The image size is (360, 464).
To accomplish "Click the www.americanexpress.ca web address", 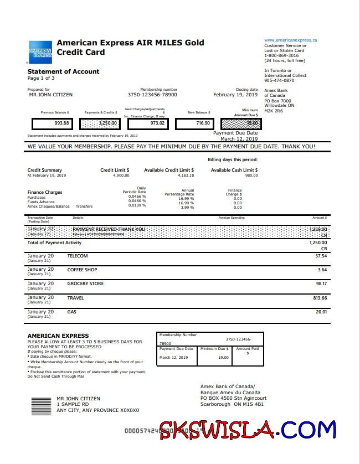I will pos(290,40).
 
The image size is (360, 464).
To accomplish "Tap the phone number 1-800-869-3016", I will pos(281,55).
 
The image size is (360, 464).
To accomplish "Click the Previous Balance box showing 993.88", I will pos(52,123).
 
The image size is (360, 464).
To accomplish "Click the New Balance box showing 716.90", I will pos(194,123).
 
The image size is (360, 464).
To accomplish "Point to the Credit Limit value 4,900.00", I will pos(121,176).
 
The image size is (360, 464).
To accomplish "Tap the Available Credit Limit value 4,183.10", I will pos(186,176).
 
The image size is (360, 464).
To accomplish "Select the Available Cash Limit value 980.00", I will pos(251,176).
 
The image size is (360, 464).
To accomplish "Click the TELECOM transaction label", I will pos(78,256).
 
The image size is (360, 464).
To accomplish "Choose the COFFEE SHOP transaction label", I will pos(82,270).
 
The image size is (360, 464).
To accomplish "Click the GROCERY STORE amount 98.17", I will pos(321,284).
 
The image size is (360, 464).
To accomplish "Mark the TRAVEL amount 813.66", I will pos(320,298).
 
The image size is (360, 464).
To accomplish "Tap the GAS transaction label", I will pos(72,312).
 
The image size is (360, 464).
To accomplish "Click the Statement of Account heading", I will pos(63,71).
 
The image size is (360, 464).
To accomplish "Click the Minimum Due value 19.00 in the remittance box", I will pos(223,358).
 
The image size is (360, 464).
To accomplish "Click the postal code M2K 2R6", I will pos(274,110).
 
